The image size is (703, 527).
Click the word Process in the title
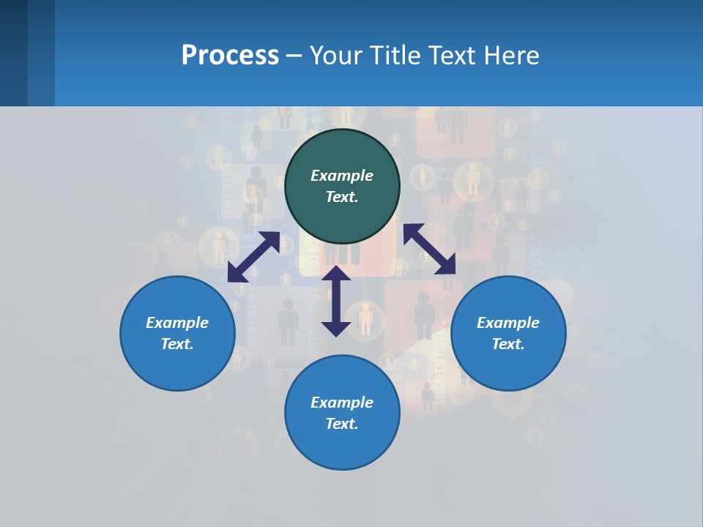pos(230,56)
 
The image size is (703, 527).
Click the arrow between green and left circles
pos(253,257)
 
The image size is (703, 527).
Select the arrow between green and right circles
pos(429,249)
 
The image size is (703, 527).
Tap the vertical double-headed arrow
pos(336,301)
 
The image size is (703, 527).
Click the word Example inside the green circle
pos(342,176)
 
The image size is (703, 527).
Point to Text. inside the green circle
pos(342,197)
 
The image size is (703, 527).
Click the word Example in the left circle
pos(177,323)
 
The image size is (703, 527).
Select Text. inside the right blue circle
pos(508,344)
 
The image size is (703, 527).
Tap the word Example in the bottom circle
pos(342,403)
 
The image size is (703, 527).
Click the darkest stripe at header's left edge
pos(13,53)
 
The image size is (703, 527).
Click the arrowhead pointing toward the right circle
pos(445,264)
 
